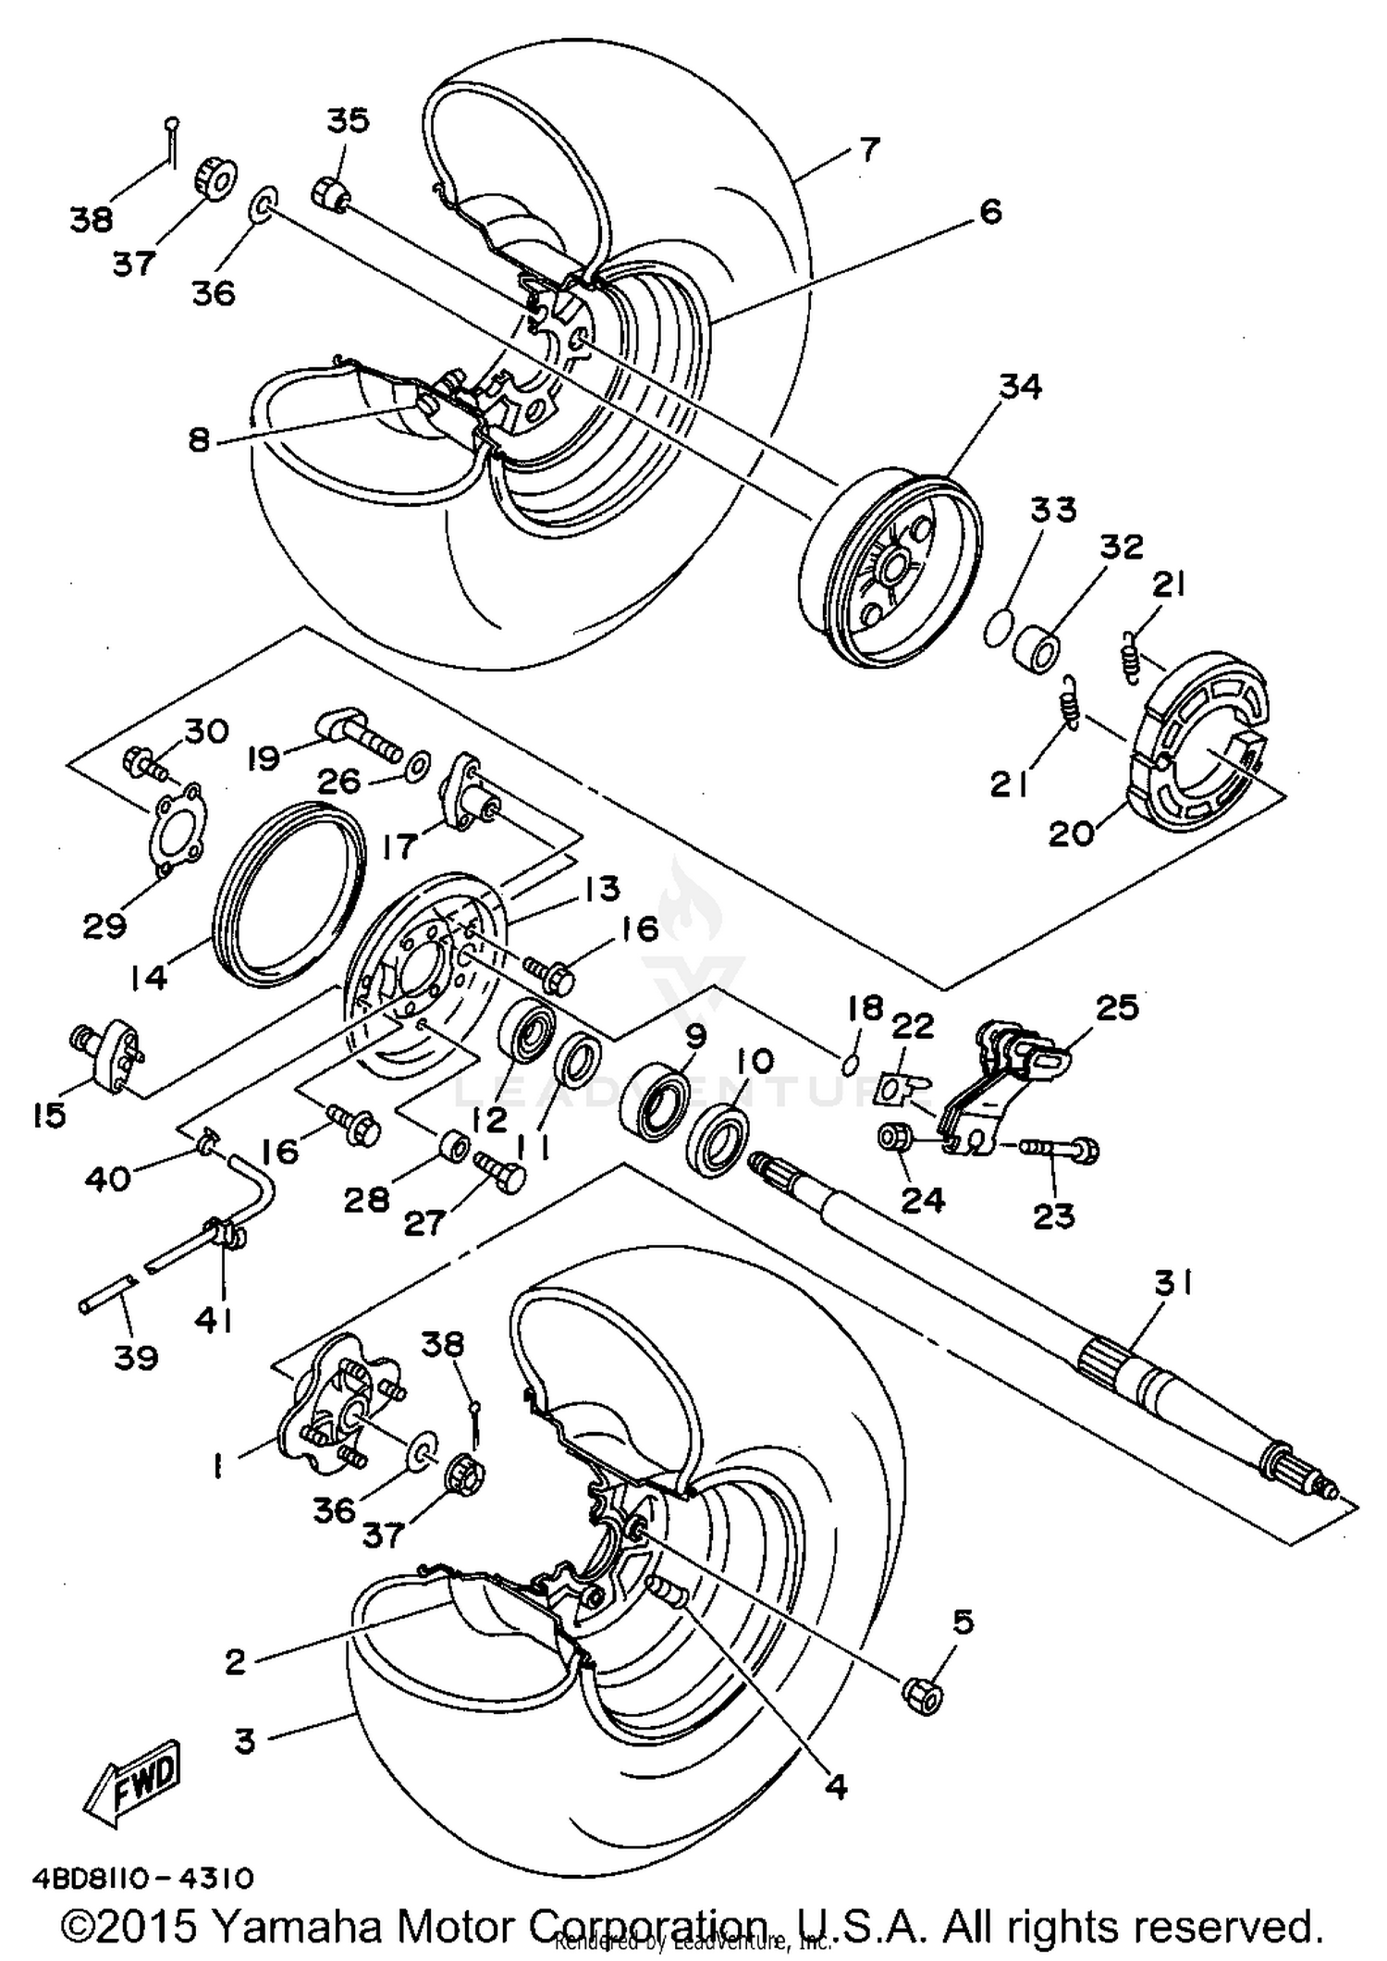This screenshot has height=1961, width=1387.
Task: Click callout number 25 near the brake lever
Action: coord(1116,1007)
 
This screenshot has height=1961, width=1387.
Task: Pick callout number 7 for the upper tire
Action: coord(868,148)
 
